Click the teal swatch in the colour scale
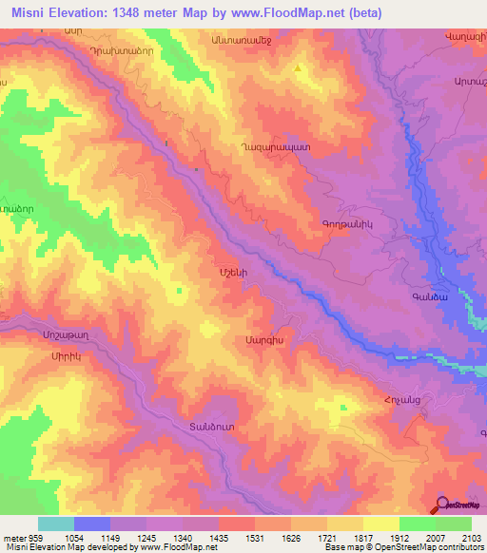pos(55,524)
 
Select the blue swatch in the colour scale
pos(91,524)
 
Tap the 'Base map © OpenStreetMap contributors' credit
pos(403,547)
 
